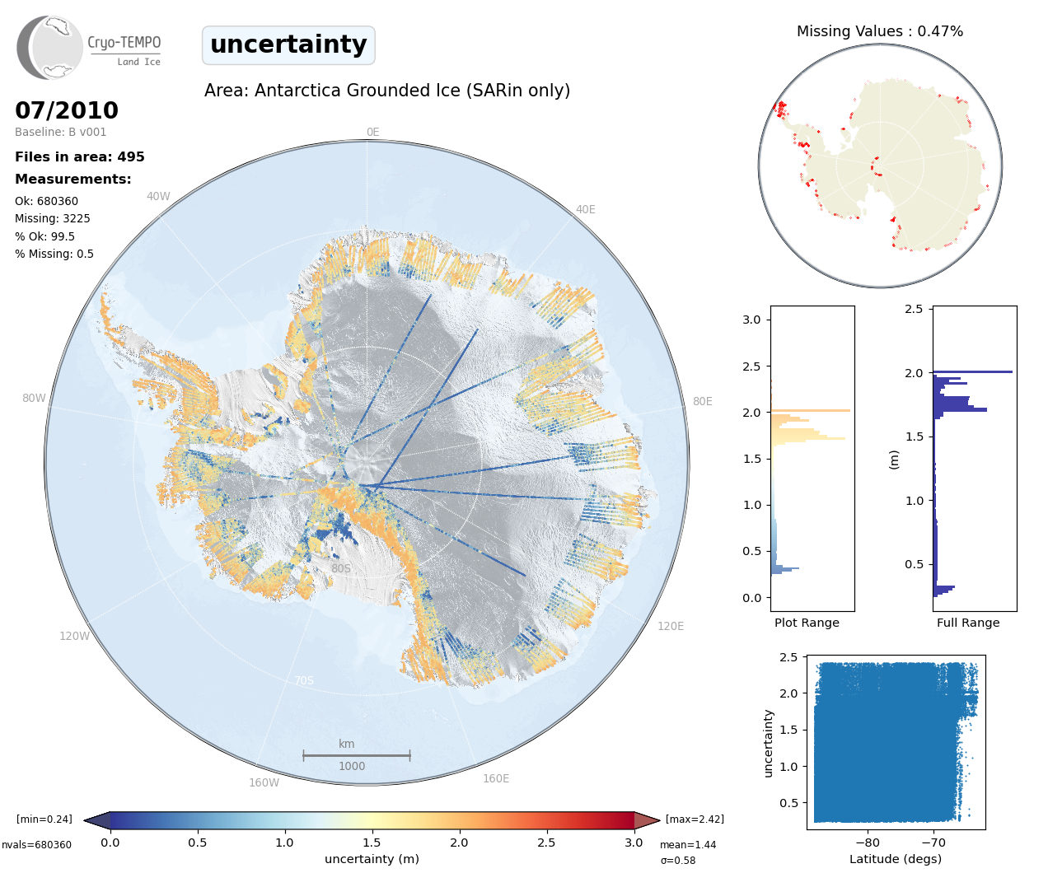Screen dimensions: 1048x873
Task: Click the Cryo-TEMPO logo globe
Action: [x=49, y=47]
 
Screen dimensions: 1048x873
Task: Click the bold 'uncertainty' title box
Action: [x=288, y=45]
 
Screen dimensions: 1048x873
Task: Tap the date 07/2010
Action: [x=67, y=110]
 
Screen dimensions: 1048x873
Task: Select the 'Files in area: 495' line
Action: [x=80, y=156]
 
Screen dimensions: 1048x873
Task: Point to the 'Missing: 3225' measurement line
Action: [x=52, y=218]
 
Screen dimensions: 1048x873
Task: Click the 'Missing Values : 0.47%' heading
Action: [x=880, y=31]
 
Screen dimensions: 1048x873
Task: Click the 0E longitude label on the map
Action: [x=373, y=132]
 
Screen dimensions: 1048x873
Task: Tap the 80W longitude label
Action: [x=34, y=398]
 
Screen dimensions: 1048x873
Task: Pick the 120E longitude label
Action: [x=671, y=626]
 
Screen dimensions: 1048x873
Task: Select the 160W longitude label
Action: [x=264, y=782]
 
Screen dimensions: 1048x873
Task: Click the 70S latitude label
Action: [x=304, y=680]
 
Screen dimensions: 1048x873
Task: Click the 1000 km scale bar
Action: [x=357, y=755]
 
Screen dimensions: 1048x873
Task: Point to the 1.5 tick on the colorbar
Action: [x=372, y=843]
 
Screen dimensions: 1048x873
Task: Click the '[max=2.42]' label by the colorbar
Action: [x=695, y=819]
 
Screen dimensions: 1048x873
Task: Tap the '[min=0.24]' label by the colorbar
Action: [x=44, y=819]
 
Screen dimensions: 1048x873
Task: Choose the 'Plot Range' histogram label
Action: [x=807, y=623]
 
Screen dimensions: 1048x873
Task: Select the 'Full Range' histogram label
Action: [x=968, y=623]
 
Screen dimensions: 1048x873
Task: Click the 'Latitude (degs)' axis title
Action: [x=896, y=859]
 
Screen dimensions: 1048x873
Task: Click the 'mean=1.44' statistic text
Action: [x=688, y=844]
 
